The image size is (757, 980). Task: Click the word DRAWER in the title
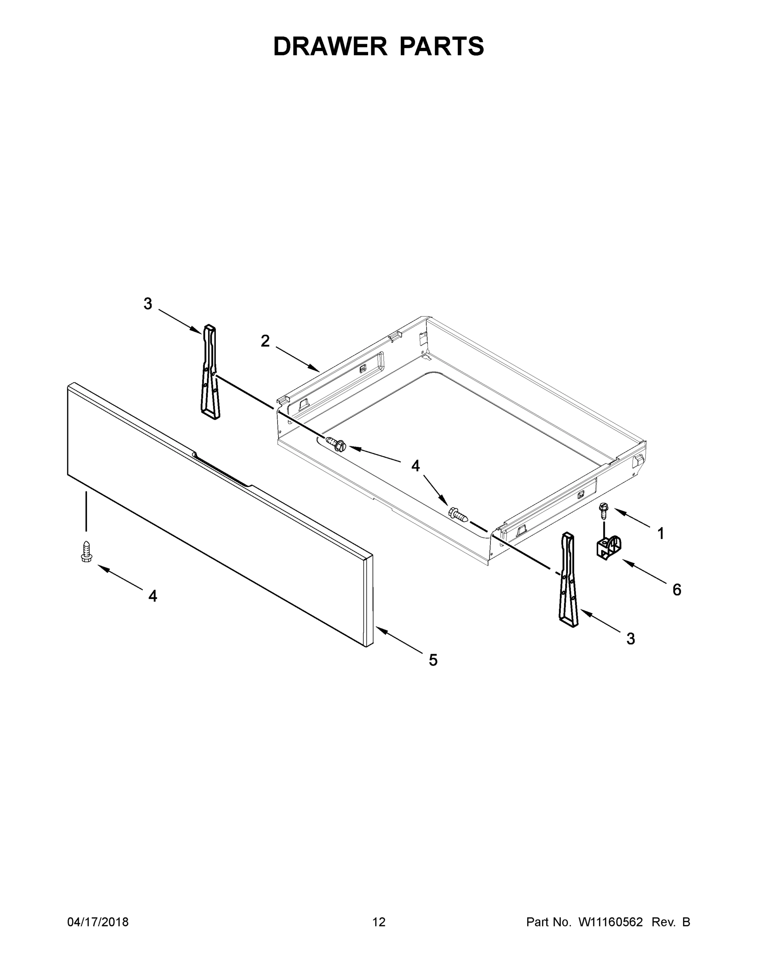tap(330, 46)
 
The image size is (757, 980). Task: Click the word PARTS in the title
tap(441, 46)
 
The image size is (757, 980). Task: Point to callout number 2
tap(265, 341)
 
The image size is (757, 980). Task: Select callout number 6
tap(677, 590)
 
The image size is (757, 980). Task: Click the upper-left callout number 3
tap(148, 304)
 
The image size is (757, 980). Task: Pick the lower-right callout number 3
tap(630, 639)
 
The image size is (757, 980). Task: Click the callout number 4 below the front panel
tap(153, 596)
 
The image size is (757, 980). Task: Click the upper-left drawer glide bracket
tap(210, 372)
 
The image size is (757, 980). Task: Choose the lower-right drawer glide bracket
tap(568, 579)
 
